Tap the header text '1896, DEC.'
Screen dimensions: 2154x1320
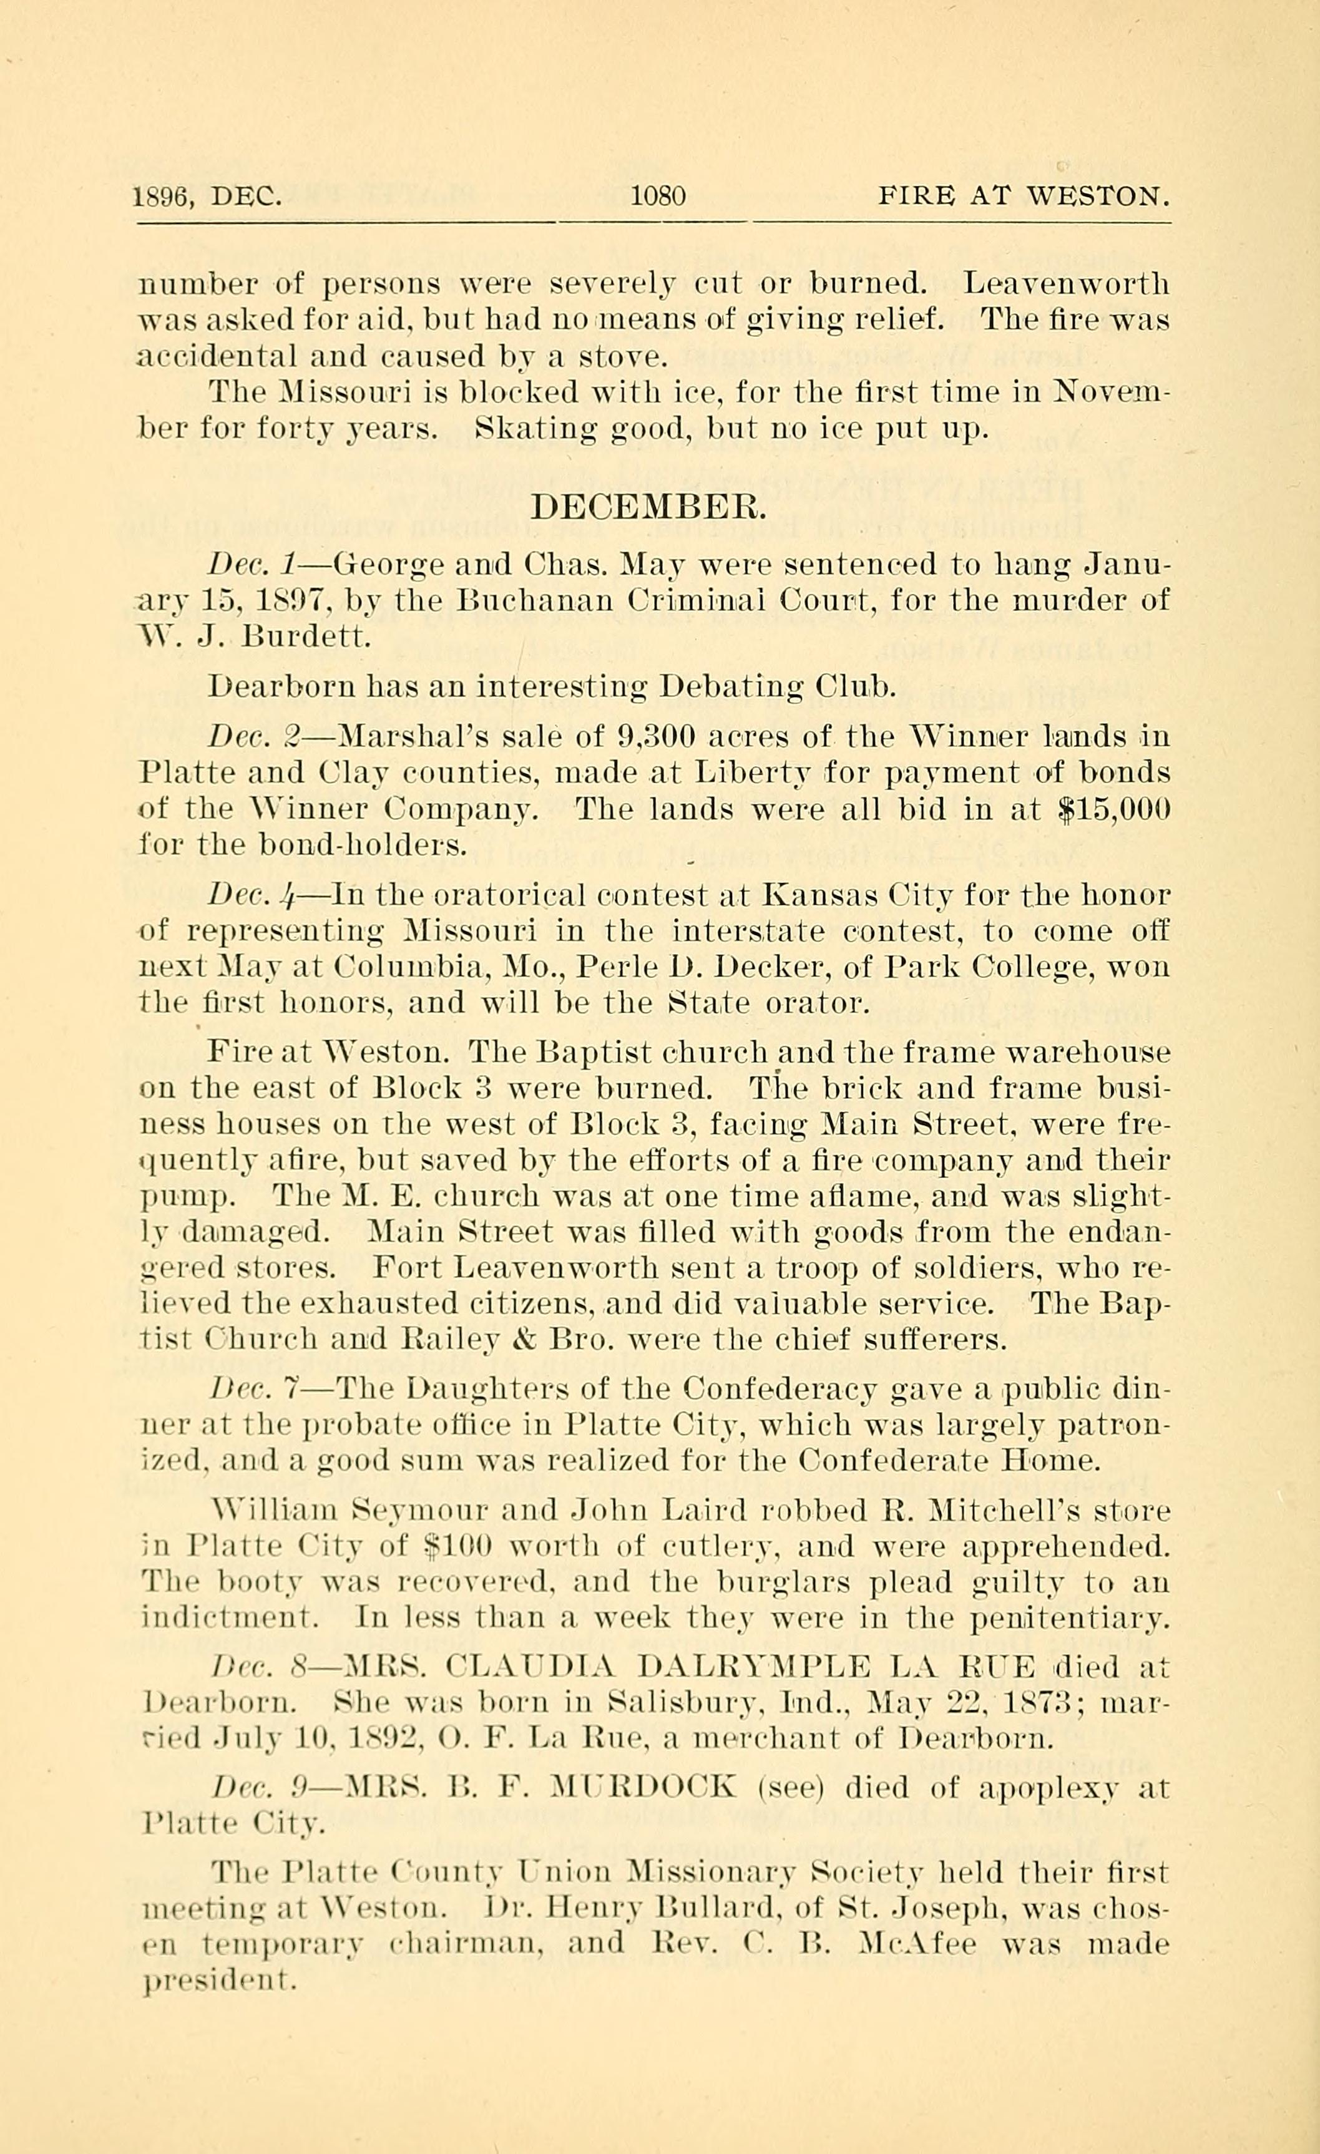pyautogui.click(x=207, y=197)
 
